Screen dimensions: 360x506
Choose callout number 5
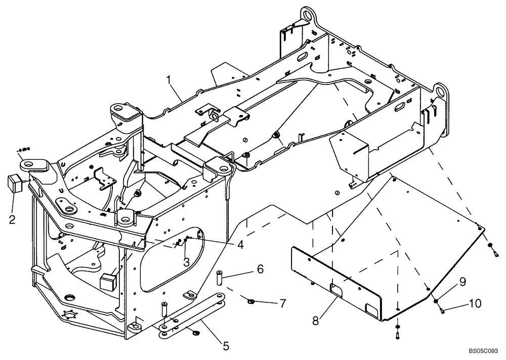[x=225, y=346]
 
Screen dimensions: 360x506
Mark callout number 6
[x=260, y=269]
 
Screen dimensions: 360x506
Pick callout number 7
[x=282, y=303]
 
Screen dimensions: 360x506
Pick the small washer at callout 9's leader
[x=435, y=301]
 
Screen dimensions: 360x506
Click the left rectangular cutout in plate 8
[x=336, y=289]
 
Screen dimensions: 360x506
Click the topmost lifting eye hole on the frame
[x=305, y=12]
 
